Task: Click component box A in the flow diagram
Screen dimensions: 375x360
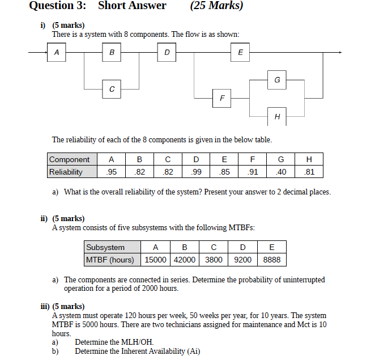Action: (x=56, y=53)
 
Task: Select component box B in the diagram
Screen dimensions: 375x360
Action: (x=112, y=53)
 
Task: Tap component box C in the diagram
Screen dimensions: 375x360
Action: (x=112, y=89)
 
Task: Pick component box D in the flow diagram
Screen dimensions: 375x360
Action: (x=167, y=53)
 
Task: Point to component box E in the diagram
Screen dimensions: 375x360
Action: (x=240, y=53)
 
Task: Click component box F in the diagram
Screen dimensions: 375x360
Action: (x=221, y=98)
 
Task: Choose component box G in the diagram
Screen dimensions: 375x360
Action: (x=277, y=80)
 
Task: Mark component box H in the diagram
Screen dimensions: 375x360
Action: (x=277, y=116)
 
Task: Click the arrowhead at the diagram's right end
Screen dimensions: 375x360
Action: (x=340, y=53)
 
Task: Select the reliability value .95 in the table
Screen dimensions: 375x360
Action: (x=112, y=172)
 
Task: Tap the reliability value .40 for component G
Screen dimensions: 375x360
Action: (x=280, y=172)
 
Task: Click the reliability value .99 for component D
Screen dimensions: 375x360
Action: (x=196, y=172)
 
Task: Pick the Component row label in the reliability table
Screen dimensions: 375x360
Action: (x=69, y=160)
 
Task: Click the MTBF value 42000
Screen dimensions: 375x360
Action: (x=184, y=260)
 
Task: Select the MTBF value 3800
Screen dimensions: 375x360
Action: (x=213, y=260)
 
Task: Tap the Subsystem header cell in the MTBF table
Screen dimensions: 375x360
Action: (x=105, y=247)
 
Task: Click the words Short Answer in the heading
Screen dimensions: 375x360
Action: (x=132, y=6)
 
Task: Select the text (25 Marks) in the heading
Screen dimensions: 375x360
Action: (x=217, y=6)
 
